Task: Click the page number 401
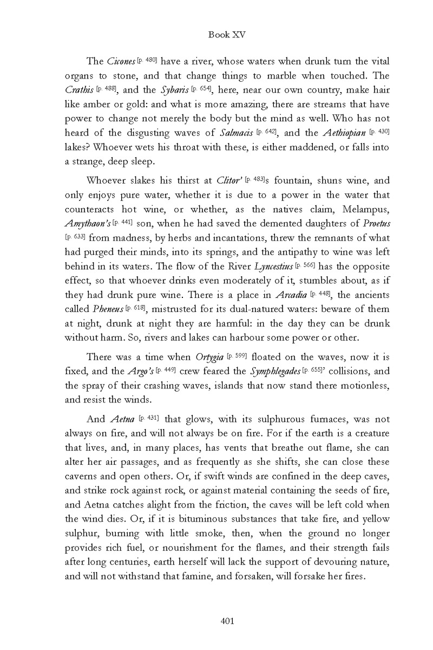227,621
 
